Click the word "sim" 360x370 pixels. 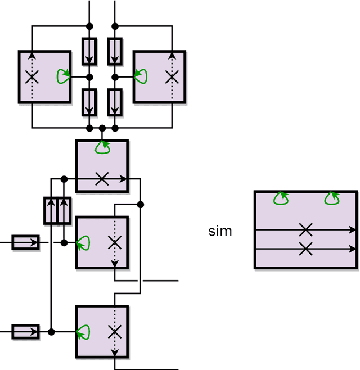(220, 231)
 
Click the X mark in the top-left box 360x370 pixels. (32, 76)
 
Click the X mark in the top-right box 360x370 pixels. (172, 77)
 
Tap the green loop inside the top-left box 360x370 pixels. (64, 76)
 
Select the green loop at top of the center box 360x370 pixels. (102, 147)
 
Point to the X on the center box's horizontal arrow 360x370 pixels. (102, 179)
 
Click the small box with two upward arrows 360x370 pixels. (58, 211)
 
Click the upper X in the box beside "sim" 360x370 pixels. (305, 229)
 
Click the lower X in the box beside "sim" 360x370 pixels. (305, 249)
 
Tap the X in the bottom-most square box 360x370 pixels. (115, 332)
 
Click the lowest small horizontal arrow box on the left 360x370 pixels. (26, 332)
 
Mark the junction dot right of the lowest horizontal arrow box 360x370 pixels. (51, 332)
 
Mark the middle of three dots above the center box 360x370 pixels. (102, 129)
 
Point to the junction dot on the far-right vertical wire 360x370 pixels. (141, 204)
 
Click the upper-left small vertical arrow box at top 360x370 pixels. (89, 51)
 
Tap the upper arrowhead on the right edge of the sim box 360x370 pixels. (353, 229)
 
